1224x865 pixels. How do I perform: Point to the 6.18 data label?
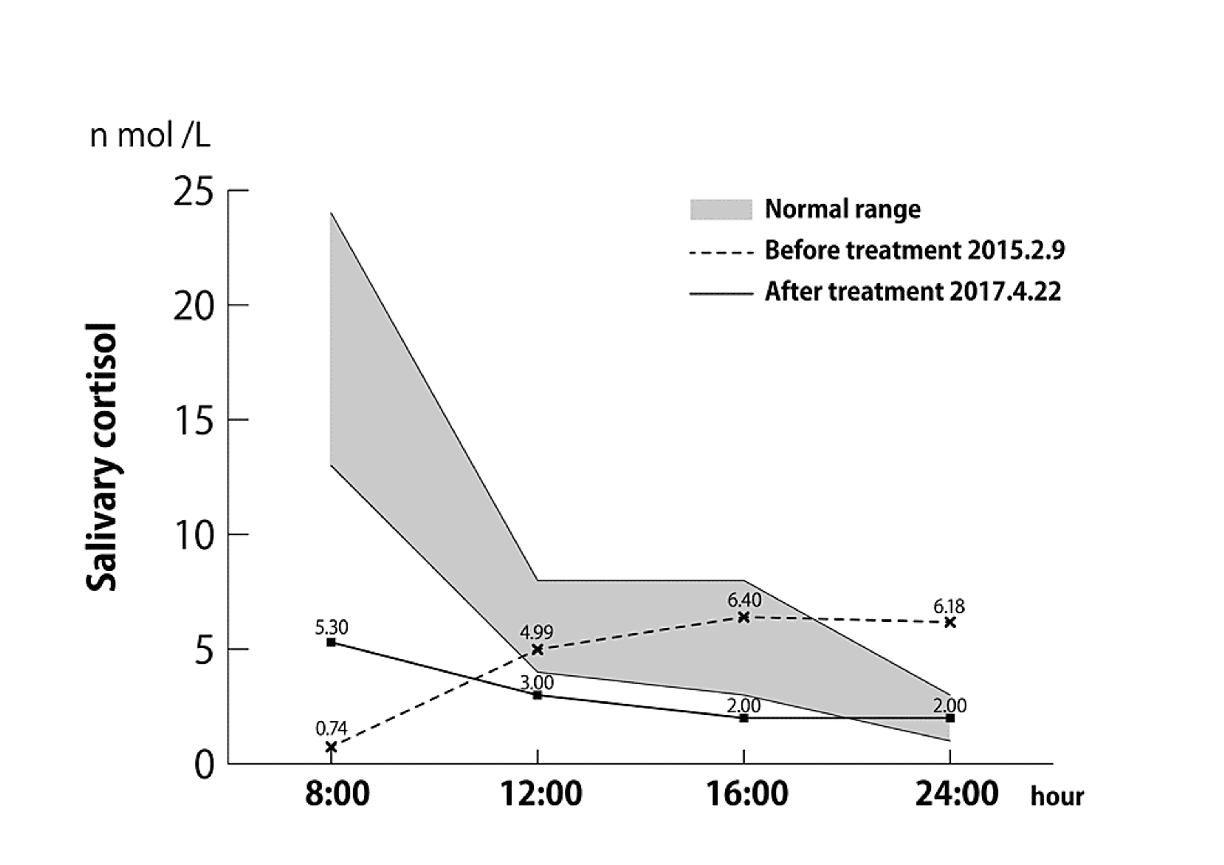[949, 606]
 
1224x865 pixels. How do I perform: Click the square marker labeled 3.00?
[537, 695]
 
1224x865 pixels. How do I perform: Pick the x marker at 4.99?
[537, 649]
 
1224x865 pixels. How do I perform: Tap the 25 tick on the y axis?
[193, 192]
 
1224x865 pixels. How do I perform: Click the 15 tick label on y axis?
[193, 422]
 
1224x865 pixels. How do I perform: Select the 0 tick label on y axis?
[204, 765]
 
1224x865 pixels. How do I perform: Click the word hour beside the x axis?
[1057, 797]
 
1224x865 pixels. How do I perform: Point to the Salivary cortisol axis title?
[101, 457]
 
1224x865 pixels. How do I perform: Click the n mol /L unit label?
[150, 136]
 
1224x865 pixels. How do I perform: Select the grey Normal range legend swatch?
[721, 210]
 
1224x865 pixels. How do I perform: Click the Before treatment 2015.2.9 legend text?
[914, 250]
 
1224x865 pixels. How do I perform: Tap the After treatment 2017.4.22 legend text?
[913, 292]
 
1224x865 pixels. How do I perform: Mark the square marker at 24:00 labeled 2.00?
[950, 718]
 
